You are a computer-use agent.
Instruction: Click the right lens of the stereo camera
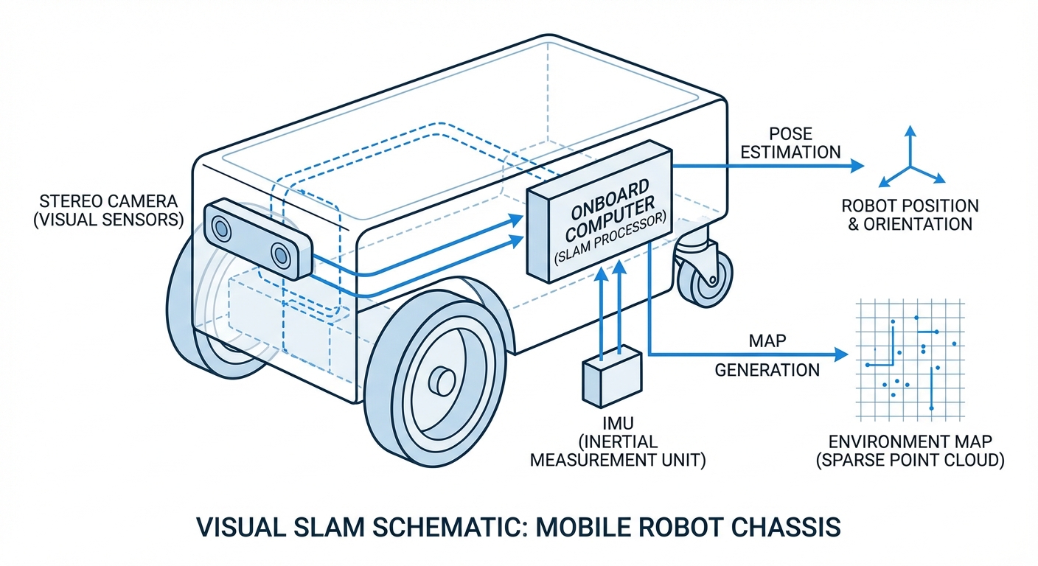pyautogui.click(x=281, y=255)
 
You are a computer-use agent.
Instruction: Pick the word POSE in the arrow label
pyautogui.click(x=790, y=134)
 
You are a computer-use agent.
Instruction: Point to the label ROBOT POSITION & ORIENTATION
pyautogui.click(x=910, y=214)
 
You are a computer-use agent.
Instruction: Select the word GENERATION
pyautogui.click(x=767, y=369)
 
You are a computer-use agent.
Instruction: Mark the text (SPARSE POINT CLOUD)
pyautogui.click(x=910, y=461)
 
